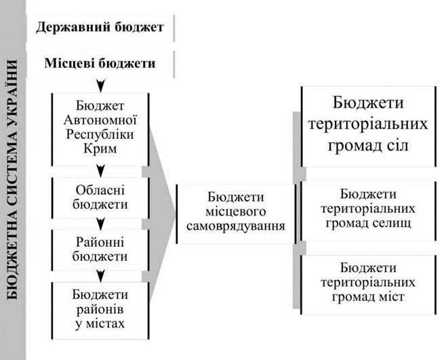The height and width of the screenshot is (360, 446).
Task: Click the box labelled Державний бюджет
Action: (x=100, y=28)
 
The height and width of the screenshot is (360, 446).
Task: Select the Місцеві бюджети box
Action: (x=100, y=64)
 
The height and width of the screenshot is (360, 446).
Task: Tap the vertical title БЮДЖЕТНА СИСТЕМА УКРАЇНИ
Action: (x=12, y=179)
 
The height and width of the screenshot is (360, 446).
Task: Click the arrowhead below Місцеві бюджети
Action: (x=101, y=85)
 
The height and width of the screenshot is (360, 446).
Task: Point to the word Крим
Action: (x=100, y=148)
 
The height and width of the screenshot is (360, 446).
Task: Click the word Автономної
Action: (x=100, y=120)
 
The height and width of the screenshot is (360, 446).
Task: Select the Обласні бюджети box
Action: (x=100, y=198)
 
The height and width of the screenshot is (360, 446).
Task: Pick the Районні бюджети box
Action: (x=100, y=250)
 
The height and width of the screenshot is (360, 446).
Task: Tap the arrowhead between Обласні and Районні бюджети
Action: (x=101, y=224)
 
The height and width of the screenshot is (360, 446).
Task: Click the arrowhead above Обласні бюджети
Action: (x=101, y=171)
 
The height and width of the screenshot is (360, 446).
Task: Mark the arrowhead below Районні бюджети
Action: (x=101, y=276)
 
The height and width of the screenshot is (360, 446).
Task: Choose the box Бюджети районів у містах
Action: (x=100, y=311)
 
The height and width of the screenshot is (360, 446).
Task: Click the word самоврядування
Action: (x=235, y=226)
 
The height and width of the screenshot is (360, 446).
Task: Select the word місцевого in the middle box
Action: (x=235, y=212)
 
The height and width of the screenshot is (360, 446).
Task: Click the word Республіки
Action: (x=100, y=134)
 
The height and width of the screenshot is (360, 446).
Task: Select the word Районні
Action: (x=100, y=243)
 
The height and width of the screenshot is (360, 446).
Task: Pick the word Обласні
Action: (x=100, y=190)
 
